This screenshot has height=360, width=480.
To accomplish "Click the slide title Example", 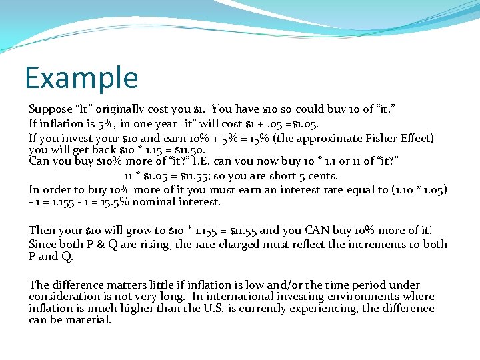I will (x=81, y=77).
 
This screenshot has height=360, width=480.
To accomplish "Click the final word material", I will (x=90, y=319).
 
